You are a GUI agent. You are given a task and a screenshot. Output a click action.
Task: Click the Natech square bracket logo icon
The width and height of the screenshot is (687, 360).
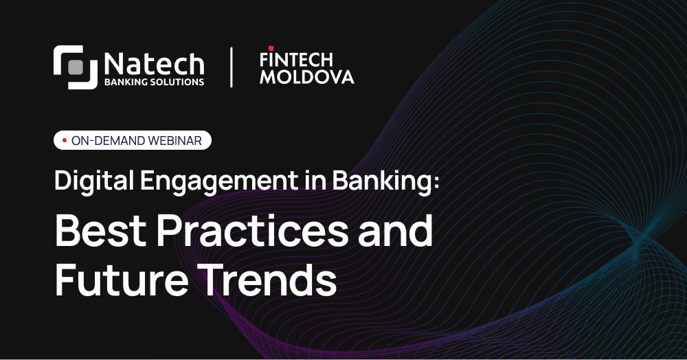(76, 67)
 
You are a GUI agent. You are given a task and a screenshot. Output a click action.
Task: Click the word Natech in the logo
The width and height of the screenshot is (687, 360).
(154, 64)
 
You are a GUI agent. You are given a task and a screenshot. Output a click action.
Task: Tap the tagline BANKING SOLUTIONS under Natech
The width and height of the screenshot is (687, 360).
(154, 82)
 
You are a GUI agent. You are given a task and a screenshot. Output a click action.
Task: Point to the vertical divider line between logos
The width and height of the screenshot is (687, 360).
(231, 67)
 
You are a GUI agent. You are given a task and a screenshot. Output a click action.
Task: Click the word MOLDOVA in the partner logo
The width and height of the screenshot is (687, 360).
(307, 76)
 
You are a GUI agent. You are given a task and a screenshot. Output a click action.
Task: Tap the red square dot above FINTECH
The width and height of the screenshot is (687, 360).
(271, 47)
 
